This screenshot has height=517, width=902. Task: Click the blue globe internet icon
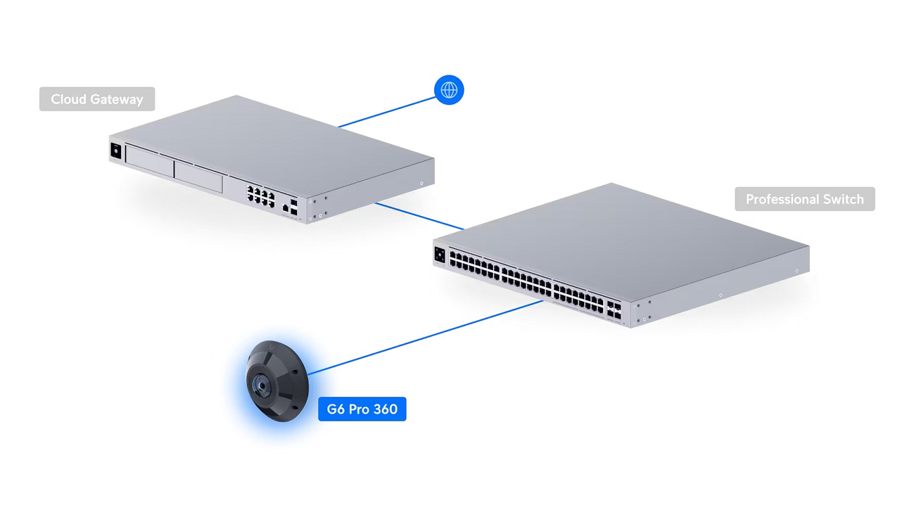(449, 90)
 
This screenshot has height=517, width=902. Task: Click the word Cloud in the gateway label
(69, 99)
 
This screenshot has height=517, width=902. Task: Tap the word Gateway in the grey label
(117, 99)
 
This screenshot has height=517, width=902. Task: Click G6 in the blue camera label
(336, 409)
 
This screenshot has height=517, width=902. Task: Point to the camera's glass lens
(263, 385)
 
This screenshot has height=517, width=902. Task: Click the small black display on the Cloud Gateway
(117, 151)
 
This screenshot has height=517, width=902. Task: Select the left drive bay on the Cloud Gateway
(149, 162)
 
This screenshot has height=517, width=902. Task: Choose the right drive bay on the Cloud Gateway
(198, 177)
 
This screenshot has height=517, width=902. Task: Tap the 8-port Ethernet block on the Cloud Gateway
(260, 195)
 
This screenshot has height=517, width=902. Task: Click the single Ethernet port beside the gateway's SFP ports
(285, 208)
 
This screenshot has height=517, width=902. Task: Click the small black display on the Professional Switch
(440, 254)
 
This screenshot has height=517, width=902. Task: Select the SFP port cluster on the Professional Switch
(614, 310)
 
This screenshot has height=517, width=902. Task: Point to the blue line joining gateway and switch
(419, 216)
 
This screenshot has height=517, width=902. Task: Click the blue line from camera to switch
(425, 337)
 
